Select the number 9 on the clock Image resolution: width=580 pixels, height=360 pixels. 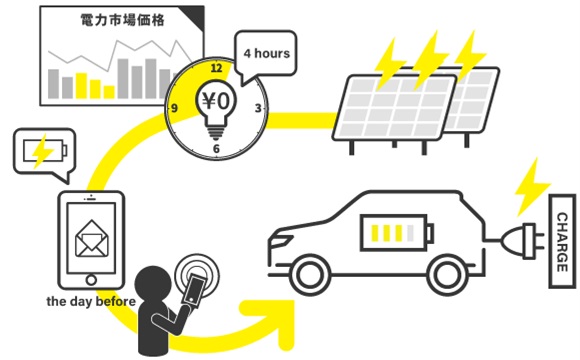coord(175,107)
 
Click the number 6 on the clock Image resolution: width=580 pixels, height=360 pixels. coord(216,148)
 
